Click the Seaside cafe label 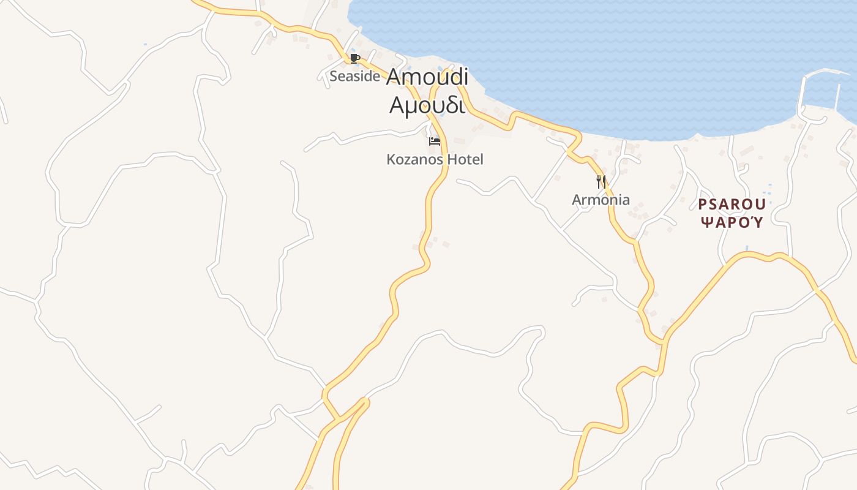(354, 76)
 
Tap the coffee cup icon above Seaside (354, 58)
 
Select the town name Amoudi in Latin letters (427, 77)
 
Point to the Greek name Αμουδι (427, 105)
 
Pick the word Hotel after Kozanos (465, 159)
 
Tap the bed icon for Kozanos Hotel (435, 141)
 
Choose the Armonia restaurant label (601, 200)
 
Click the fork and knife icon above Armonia (601, 181)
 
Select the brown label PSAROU (732, 204)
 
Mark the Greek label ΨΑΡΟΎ (732, 222)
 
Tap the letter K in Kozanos (391, 159)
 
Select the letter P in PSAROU (703, 204)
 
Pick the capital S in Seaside (334, 76)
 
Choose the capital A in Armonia (577, 200)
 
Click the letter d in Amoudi (452, 77)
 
